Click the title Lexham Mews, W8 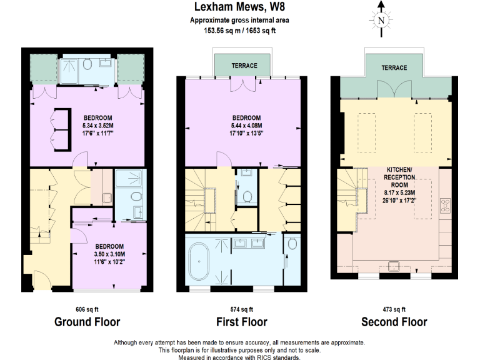tap(239, 7)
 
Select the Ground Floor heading tap(87, 322)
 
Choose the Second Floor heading tap(394, 322)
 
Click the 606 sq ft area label tap(87, 309)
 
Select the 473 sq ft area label tap(394, 309)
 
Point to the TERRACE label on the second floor tap(394, 67)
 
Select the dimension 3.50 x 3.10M tap(109, 254)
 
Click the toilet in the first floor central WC tap(247, 197)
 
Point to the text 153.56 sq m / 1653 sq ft tap(239, 29)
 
